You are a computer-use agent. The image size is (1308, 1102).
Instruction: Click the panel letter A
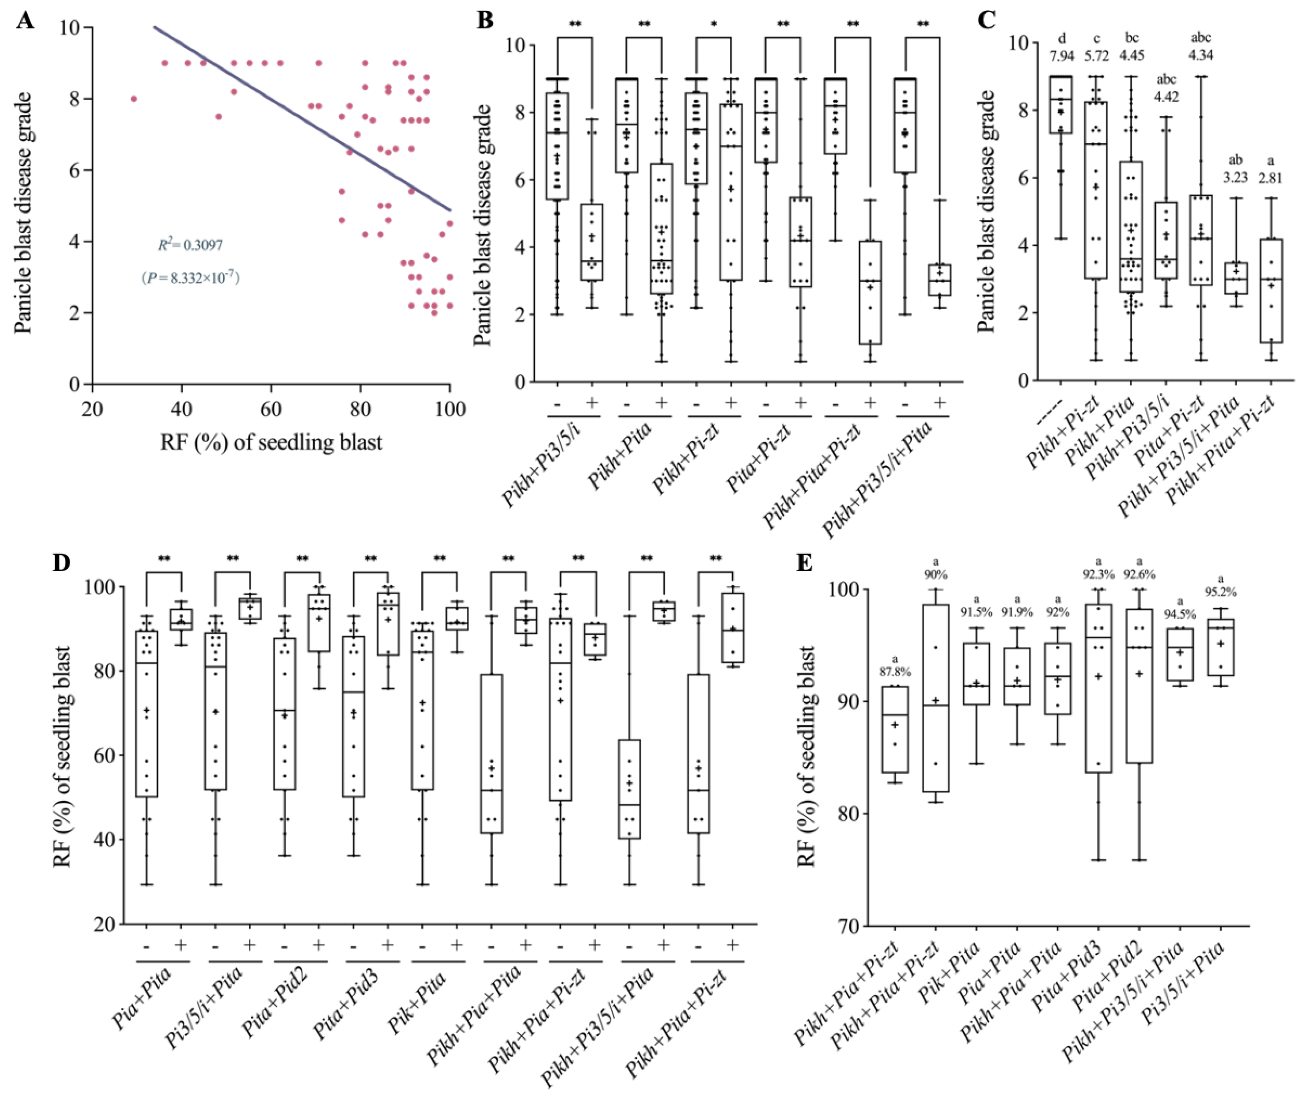pyautogui.click(x=25, y=21)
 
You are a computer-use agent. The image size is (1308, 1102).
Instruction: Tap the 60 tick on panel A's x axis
pyautogui.click(x=270, y=410)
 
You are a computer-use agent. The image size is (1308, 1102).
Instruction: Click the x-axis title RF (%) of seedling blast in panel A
pyautogui.click(x=271, y=442)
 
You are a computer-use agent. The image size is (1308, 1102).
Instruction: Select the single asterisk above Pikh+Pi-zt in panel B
pyautogui.click(x=713, y=25)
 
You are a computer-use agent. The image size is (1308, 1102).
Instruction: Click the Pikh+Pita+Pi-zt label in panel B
pyautogui.click(x=812, y=475)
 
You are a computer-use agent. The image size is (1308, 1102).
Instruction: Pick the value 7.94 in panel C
pyautogui.click(x=1062, y=56)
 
